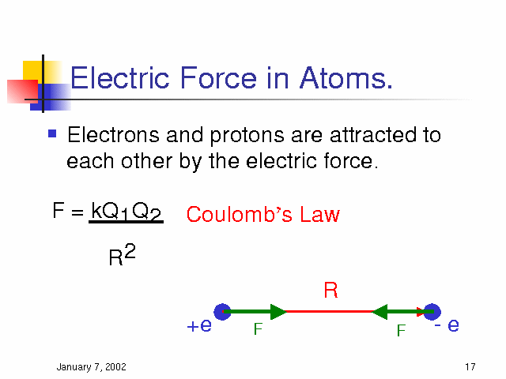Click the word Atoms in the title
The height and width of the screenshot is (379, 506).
[346, 77]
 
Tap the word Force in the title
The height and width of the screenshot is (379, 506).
[218, 77]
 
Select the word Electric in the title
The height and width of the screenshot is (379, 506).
[119, 77]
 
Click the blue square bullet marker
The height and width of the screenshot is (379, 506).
[52, 133]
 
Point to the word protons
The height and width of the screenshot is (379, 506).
[247, 136]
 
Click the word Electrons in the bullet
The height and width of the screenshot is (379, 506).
[113, 134]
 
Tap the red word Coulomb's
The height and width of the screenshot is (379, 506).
[239, 214]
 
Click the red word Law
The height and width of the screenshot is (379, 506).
[319, 214]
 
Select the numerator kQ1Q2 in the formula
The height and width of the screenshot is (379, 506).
[126, 212]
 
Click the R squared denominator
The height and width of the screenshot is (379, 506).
[123, 255]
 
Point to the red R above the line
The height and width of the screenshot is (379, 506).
[330, 290]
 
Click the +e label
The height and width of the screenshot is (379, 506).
[199, 325]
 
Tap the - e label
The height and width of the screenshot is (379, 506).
[447, 325]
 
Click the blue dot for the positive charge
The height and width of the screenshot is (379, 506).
[222, 312]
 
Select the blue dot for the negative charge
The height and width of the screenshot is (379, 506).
[432, 312]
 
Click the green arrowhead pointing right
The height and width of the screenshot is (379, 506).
[278, 312]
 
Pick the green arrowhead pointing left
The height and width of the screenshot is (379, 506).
[379, 312]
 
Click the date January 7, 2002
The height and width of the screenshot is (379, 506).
[92, 366]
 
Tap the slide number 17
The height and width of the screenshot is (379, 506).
[470, 366]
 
